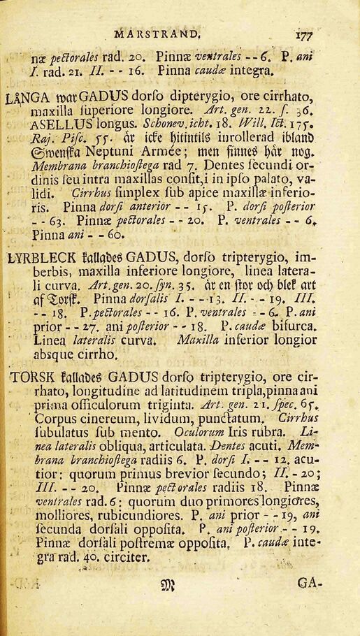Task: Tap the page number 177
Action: point(303,34)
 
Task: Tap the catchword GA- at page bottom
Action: point(310,581)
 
